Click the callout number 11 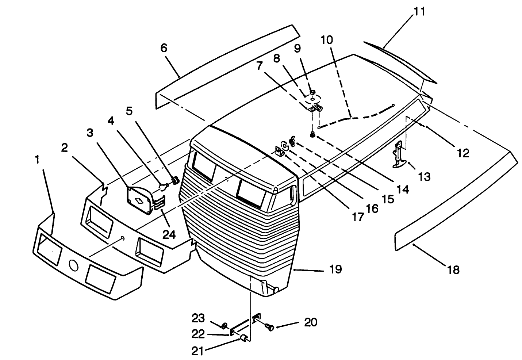(419, 11)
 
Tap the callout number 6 (164, 48)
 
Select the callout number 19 (335, 269)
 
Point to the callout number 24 (169, 234)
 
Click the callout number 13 (425, 177)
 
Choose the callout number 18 (453, 270)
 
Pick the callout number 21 (197, 351)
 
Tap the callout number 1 (37, 160)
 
